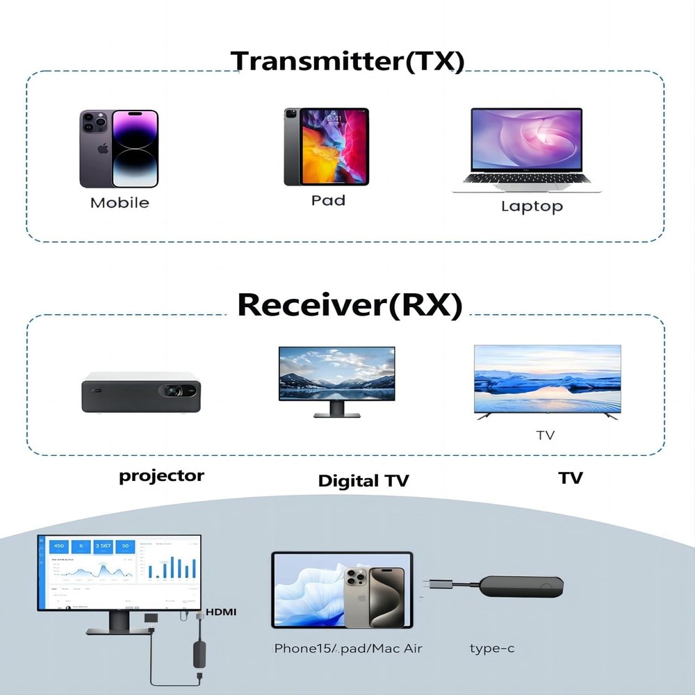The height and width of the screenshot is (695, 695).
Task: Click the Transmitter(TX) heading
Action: click(347, 61)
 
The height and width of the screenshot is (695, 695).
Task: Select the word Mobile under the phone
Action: click(120, 203)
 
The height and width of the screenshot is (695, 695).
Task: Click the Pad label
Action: click(328, 200)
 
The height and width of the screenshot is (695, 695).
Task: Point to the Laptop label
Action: click(532, 206)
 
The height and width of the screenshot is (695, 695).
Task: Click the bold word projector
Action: click(161, 476)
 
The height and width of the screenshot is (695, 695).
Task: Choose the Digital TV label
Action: click(363, 480)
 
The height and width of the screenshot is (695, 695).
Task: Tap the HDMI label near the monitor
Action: click(221, 612)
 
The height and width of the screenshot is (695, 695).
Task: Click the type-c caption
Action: click(492, 648)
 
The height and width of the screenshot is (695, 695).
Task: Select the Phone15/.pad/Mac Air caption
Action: click(348, 648)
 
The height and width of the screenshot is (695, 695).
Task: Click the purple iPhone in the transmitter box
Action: click(119, 148)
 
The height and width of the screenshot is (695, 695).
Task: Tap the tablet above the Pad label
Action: click(326, 146)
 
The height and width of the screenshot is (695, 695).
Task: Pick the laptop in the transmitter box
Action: click(526, 149)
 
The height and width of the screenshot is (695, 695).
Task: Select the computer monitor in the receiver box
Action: click(336, 381)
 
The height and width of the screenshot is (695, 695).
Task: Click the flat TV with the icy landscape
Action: click(547, 381)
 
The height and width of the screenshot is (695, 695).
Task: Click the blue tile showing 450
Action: click(58, 546)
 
